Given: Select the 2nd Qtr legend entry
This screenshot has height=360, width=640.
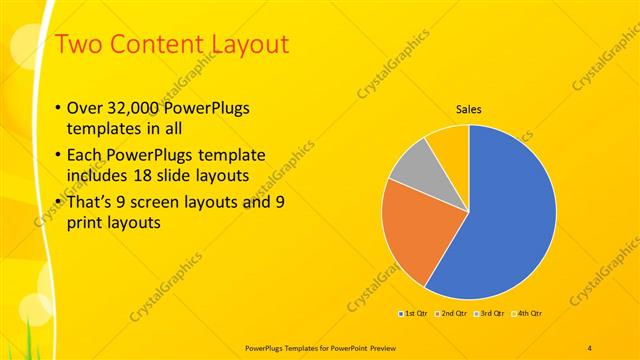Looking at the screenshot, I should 451,314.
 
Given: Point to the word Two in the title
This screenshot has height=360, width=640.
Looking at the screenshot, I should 77,45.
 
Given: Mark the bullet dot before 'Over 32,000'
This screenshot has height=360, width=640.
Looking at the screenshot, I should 57,109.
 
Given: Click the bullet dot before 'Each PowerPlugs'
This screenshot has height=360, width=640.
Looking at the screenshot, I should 57,156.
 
